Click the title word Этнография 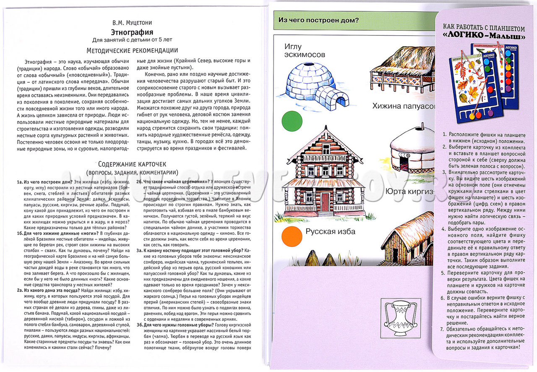pos(132,32)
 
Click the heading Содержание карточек pos(132,164)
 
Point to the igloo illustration pos(316,86)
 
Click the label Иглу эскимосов pos(305,50)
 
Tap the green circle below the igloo pos(292,120)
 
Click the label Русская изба pos(330,232)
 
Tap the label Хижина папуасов pos(403,106)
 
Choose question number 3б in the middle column pos(140,325)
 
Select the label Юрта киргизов pos(409,192)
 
